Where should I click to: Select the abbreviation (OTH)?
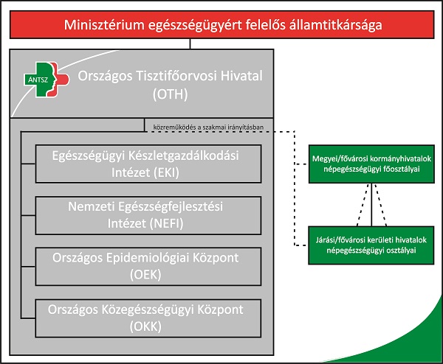click(170, 94)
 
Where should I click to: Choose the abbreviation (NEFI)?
click(166, 223)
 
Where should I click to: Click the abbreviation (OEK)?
click(145, 275)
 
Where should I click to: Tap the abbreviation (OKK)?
click(145, 326)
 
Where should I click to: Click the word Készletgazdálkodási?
click(184, 156)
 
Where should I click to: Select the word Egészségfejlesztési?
click(171, 206)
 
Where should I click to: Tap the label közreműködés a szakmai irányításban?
click(208, 127)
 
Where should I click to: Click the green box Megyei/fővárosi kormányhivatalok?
click(371, 164)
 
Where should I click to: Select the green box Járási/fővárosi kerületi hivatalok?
click(371, 245)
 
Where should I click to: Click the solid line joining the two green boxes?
click(371, 205)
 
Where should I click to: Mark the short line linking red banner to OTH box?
click(190, 43)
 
